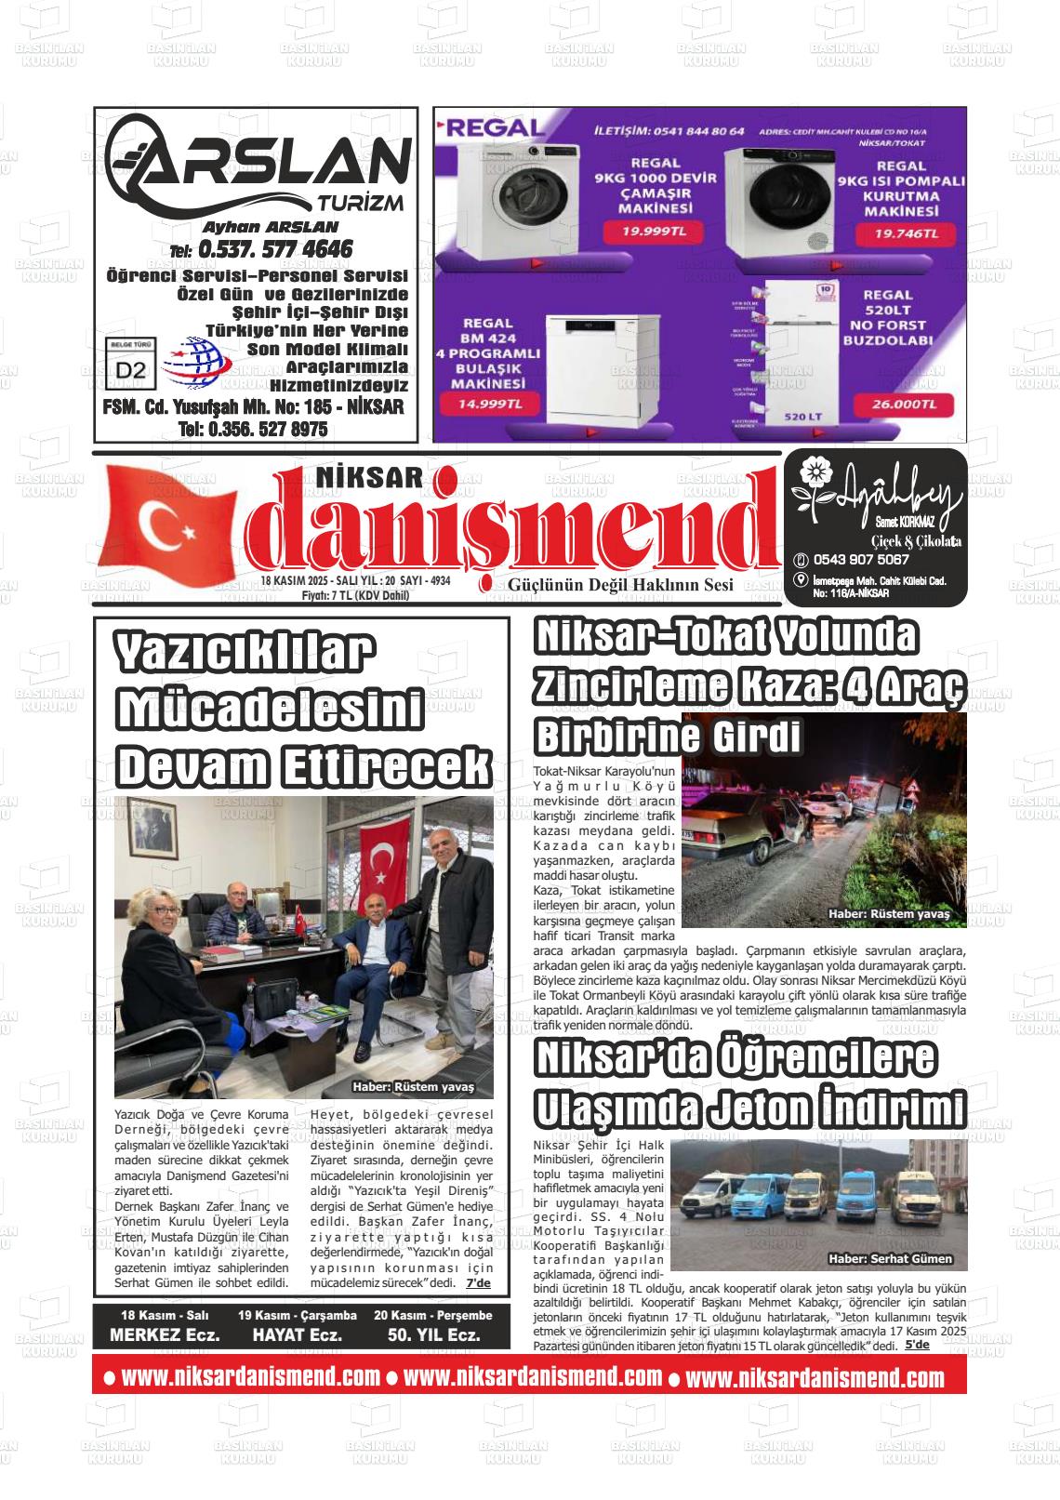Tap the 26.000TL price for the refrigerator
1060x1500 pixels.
[900, 405]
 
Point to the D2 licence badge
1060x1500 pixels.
[131, 368]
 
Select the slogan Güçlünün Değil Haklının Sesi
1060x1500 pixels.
[620, 585]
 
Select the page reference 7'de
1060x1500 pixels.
[478, 1282]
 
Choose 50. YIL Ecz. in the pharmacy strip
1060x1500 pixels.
[433, 1334]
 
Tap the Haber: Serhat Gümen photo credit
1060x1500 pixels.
[891, 1258]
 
